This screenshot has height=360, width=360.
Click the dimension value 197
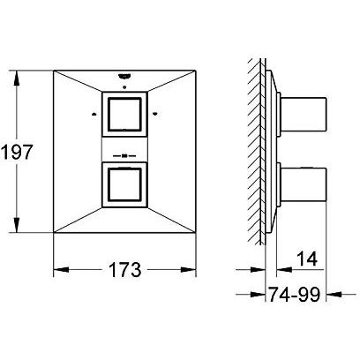(16, 153)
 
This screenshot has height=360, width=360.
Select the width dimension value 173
(125, 270)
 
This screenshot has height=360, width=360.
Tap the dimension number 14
(307, 259)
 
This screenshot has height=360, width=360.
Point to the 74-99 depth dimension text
(295, 294)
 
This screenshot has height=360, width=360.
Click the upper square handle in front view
(124, 115)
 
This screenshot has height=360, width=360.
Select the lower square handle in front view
(124, 184)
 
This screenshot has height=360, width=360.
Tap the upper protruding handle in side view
(304, 114)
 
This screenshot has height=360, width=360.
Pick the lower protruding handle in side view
(304, 185)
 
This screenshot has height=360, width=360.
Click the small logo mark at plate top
(124, 77)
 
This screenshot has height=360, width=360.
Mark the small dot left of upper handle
(94, 115)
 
